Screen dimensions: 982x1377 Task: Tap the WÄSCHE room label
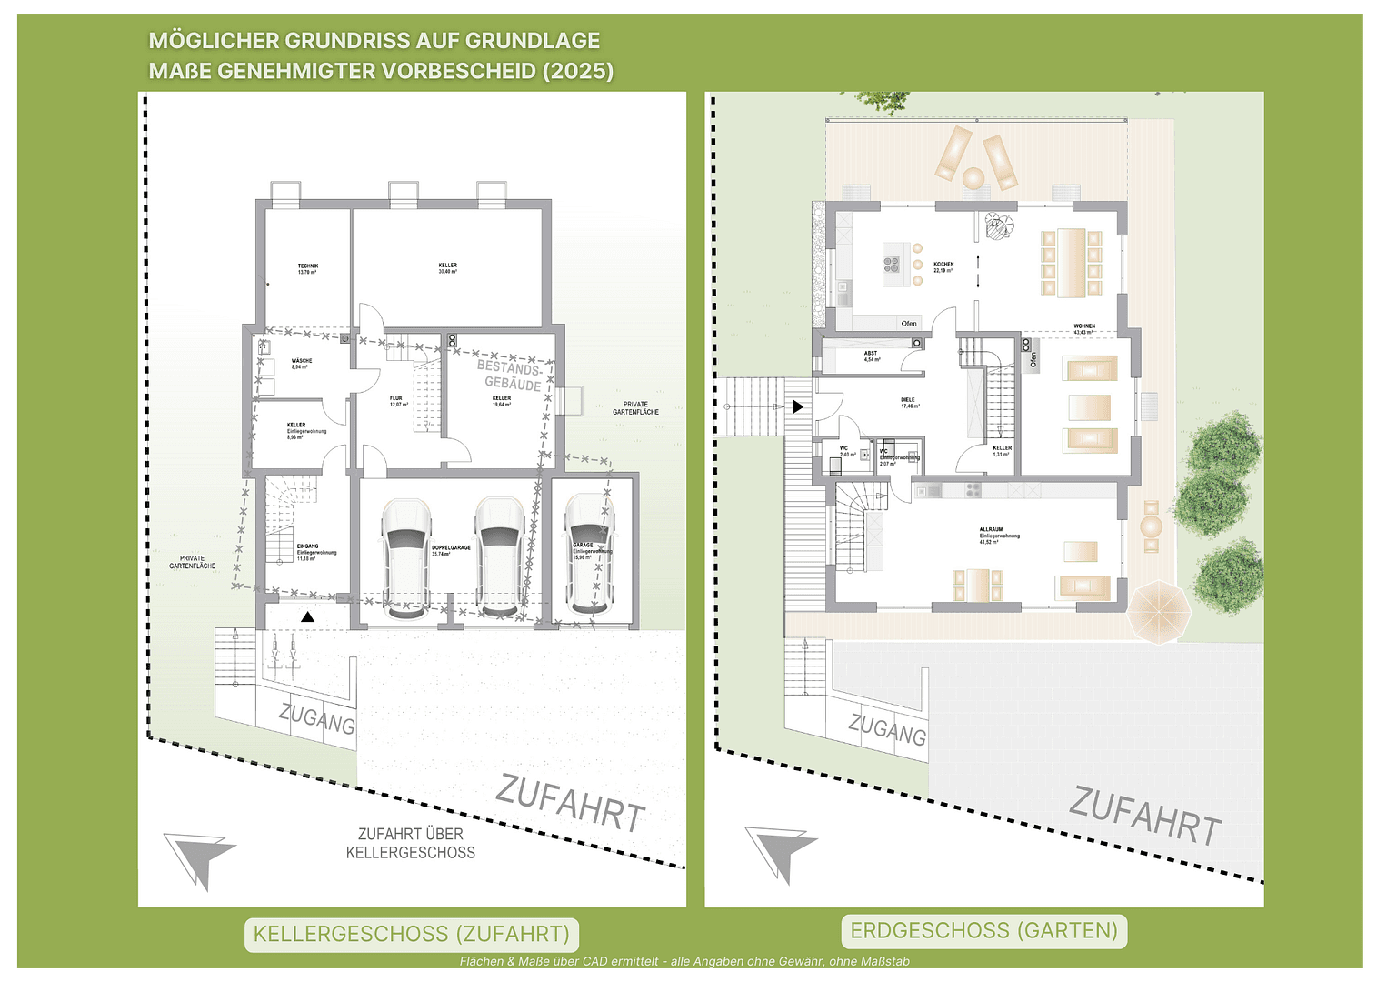tap(301, 363)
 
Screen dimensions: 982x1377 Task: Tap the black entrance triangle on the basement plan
tap(308, 617)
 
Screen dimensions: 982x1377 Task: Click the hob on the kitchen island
tap(892, 264)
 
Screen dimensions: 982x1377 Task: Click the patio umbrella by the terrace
tap(1159, 611)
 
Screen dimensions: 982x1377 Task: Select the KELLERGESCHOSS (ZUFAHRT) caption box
tap(411, 934)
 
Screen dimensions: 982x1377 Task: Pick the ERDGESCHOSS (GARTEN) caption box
tap(983, 930)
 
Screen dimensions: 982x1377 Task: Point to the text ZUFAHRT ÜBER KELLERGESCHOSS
tap(411, 843)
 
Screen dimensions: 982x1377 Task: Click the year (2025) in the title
tap(578, 71)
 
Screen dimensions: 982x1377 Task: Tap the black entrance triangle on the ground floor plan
tap(797, 406)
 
